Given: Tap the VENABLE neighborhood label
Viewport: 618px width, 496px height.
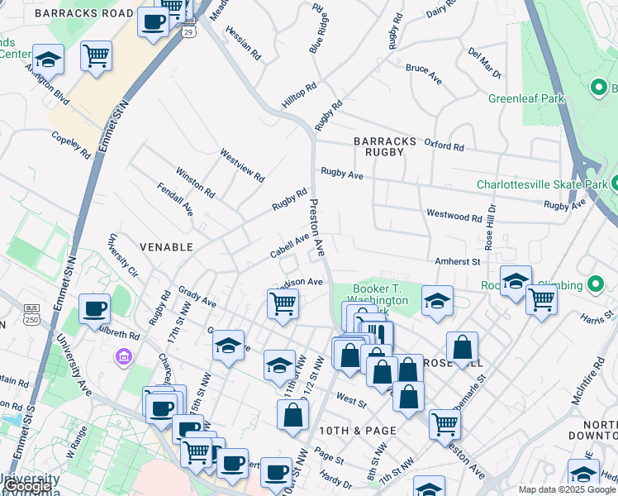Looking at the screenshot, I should point(166,247).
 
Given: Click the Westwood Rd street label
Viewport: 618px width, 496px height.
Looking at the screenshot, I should point(454,217).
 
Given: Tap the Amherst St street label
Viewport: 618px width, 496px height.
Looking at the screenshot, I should point(459,261).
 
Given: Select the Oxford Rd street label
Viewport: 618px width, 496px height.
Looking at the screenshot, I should point(444,145).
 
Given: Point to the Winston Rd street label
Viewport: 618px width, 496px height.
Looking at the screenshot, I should point(195,184).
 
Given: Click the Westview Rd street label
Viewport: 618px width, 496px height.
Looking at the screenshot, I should point(241,165).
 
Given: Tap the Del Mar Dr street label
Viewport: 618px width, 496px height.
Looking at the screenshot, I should point(484,63).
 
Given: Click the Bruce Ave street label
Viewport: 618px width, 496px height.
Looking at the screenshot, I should point(423,72).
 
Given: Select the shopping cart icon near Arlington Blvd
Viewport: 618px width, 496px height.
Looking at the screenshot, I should point(97,56).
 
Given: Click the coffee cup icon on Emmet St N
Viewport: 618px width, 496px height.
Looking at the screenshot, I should point(94,309).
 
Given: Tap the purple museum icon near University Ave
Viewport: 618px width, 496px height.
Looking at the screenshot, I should point(123,357).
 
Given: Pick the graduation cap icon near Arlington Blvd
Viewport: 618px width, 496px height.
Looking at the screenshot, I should point(48,60).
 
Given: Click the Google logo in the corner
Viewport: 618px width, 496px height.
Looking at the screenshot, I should point(29,487).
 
